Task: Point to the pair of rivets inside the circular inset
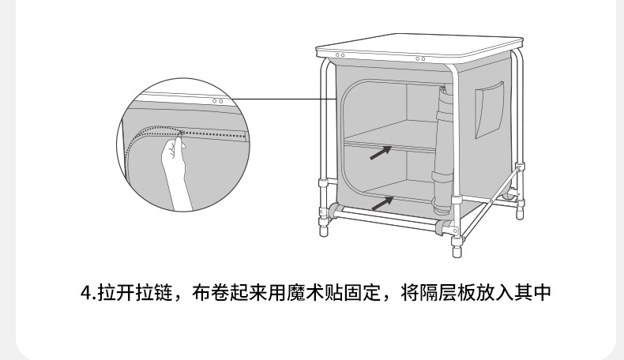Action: pos(217,102)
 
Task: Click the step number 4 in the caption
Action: pos(87,293)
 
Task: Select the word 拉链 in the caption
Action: pos(153,293)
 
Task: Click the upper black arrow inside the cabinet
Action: pos(381,152)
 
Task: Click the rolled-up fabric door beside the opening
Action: pos(443,150)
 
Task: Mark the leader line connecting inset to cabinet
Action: pos(276,99)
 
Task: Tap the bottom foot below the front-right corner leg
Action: pos(457,249)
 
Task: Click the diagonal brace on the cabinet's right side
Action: pos(502,188)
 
